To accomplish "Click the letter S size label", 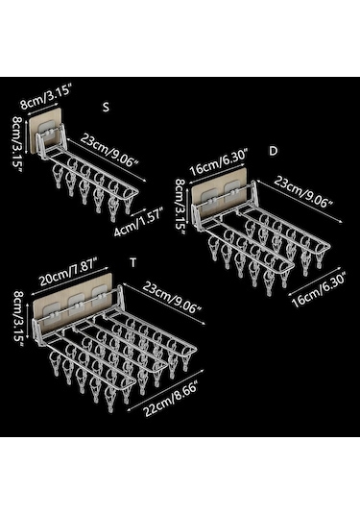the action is point(106,108).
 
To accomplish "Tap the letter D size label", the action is point(273,151).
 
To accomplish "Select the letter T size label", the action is point(132,263).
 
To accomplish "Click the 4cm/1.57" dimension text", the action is point(138,223).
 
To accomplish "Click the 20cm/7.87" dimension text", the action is point(68,275).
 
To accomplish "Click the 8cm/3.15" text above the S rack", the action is point(45,97).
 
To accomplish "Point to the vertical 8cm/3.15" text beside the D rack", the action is point(180,207).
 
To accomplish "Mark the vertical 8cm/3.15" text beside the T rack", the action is point(17,319).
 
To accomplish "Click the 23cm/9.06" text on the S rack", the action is point(109,151).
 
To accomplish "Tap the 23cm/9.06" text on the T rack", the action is point(171,298).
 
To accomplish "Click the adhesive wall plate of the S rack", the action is point(44,130).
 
